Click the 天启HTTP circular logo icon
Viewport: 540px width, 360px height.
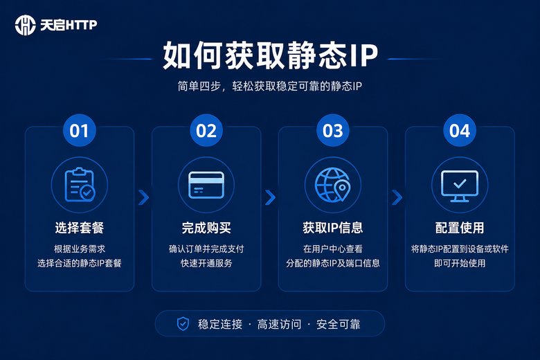pyautogui.click(x=25, y=25)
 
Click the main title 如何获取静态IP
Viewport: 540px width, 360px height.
pyautogui.click(x=270, y=55)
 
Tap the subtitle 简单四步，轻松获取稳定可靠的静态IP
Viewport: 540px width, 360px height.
pyautogui.click(x=270, y=86)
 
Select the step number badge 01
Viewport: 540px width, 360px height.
pyautogui.click(x=79, y=131)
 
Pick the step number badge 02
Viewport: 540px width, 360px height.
pyautogui.click(x=206, y=131)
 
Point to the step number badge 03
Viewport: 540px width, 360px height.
pyautogui.click(x=333, y=131)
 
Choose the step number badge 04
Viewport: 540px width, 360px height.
pyautogui.click(x=460, y=131)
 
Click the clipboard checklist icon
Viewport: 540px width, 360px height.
pyautogui.click(x=80, y=184)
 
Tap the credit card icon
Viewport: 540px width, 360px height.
pyautogui.click(x=206, y=185)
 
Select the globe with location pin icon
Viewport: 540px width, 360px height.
pyautogui.click(x=333, y=185)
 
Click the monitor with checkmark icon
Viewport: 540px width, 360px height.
pyautogui.click(x=460, y=186)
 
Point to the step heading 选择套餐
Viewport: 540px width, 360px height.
pyautogui.click(x=79, y=228)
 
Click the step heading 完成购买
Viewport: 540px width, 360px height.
pyautogui.click(x=206, y=228)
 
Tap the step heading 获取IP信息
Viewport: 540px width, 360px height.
pyautogui.click(x=333, y=228)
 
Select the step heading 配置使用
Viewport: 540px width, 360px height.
pyautogui.click(x=460, y=228)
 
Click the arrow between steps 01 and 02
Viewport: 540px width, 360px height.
pyautogui.click(x=143, y=197)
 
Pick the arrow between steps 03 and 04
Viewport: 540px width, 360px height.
pyautogui.click(x=397, y=197)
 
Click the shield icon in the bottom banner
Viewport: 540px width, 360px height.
pyautogui.click(x=183, y=324)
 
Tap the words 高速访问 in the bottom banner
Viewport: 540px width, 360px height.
pyautogui.click(x=279, y=324)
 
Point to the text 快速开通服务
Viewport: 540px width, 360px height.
pyautogui.click(x=206, y=263)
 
